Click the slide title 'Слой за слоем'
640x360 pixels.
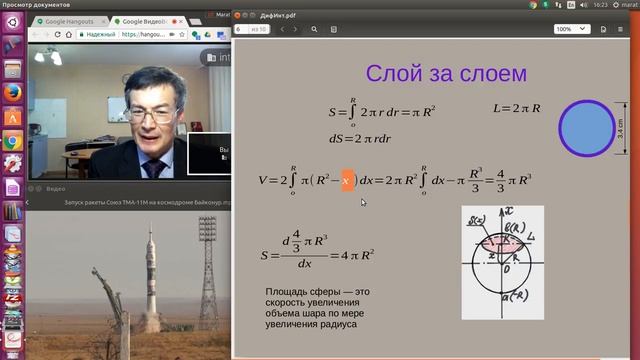pos(446,73)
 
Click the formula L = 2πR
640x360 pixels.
pos(517,107)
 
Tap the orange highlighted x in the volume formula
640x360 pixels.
pos(347,180)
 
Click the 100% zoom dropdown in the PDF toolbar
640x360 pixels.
pos(568,29)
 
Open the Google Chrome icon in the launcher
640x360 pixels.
pos(12,141)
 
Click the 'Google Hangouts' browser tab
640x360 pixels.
pos(71,20)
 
